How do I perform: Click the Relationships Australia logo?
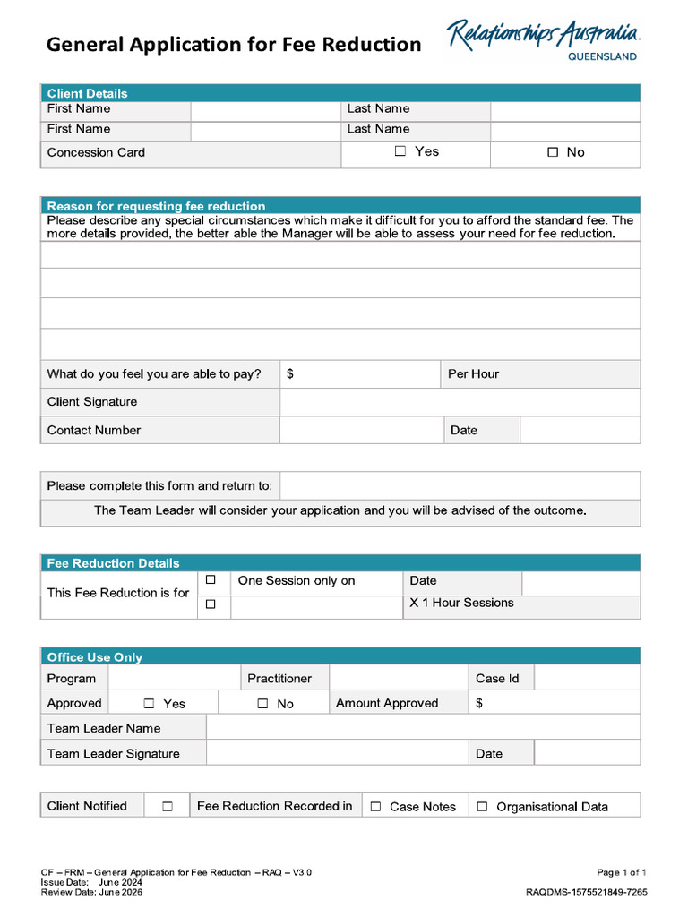pos(543,40)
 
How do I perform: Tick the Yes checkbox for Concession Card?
pos(400,151)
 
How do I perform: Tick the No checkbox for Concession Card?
pos(553,152)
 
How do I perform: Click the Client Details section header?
pos(87,93)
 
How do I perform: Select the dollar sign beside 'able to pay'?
pos(290,373)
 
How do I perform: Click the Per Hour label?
pos(473,373)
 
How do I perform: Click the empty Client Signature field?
pos(460,402)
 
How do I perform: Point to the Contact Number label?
pos(94,430)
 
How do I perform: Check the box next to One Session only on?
pos(211,580)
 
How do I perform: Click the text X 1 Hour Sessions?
pos(461,603)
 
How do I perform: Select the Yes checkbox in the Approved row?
pos(149,703)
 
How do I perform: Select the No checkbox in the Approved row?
pos(262,703)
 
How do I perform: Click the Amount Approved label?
pos(387,703)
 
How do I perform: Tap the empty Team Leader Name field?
pos(423,728)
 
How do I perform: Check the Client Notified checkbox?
pos(168,806)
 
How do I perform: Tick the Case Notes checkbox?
pos(375,806)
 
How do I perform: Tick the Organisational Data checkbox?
pos(482,806)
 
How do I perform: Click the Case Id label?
pos(497,678)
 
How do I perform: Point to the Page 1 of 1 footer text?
pos(622,871)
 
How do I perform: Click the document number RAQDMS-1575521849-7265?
pos(586,892)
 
